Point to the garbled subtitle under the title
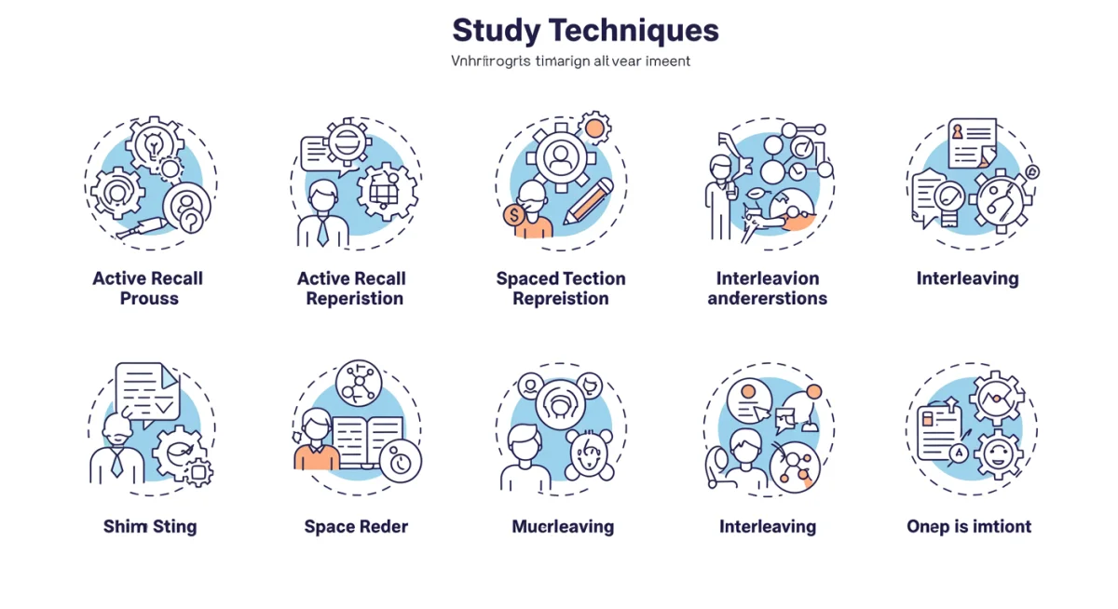tap(570, 61)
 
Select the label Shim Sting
tap(150, 526)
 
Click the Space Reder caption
tap(356, 526)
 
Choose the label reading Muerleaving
tap(563, 526)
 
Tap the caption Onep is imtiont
tap(969, 526)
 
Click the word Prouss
tap(149, 299)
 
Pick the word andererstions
tap(767, 299)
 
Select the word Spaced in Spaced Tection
tap(527, 278)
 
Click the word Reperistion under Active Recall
tap(355, 299)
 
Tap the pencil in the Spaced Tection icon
tap(588, 199)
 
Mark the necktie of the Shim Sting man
tap(116, 463)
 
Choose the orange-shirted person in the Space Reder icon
tap(317, 443)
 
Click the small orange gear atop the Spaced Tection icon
tap(593, 126)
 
